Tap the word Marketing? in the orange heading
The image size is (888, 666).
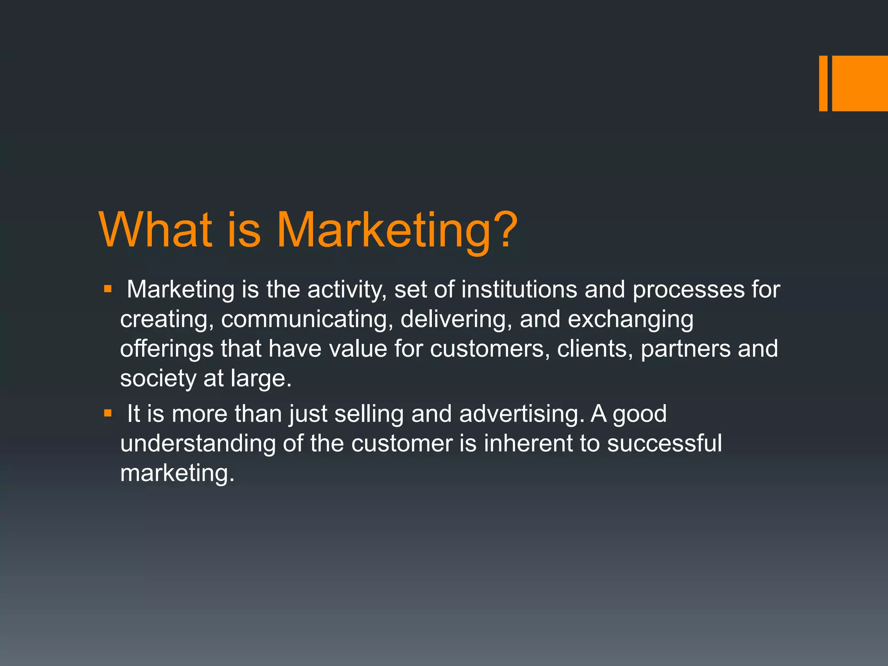397,230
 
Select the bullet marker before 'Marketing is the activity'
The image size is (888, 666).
108,289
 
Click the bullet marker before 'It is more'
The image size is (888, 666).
108,413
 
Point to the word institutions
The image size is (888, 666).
519,290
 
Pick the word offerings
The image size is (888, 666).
166,349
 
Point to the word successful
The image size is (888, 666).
664,443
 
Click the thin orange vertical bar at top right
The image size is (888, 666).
823,83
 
